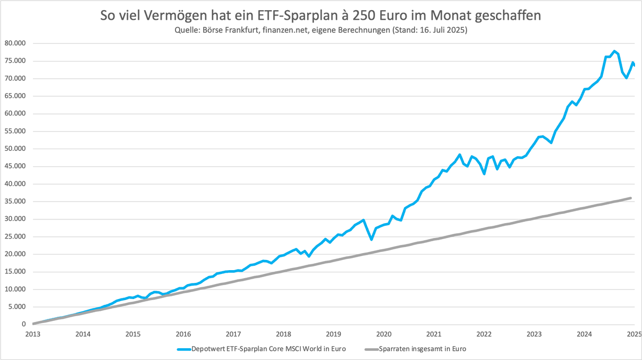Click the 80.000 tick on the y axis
click(15, 43)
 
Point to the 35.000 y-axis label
click(15, 201)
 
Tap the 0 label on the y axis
click(24, 324)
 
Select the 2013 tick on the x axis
click(33, 334)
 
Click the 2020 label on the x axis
click(384, 334)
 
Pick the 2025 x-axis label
click(634, 334)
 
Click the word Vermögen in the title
click(175, 16)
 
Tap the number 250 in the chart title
click(363, 16)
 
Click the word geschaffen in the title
click(508, 16)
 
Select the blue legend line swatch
click(184, 349)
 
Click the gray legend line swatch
click(371, 349)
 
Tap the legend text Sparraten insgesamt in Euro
click(423, 349)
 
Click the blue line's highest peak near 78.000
click(614, 51)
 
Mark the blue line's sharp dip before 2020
click(371, 239)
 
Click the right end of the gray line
click(631, 198)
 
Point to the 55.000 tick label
click(15, 131)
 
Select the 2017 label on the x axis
click(233, 334)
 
